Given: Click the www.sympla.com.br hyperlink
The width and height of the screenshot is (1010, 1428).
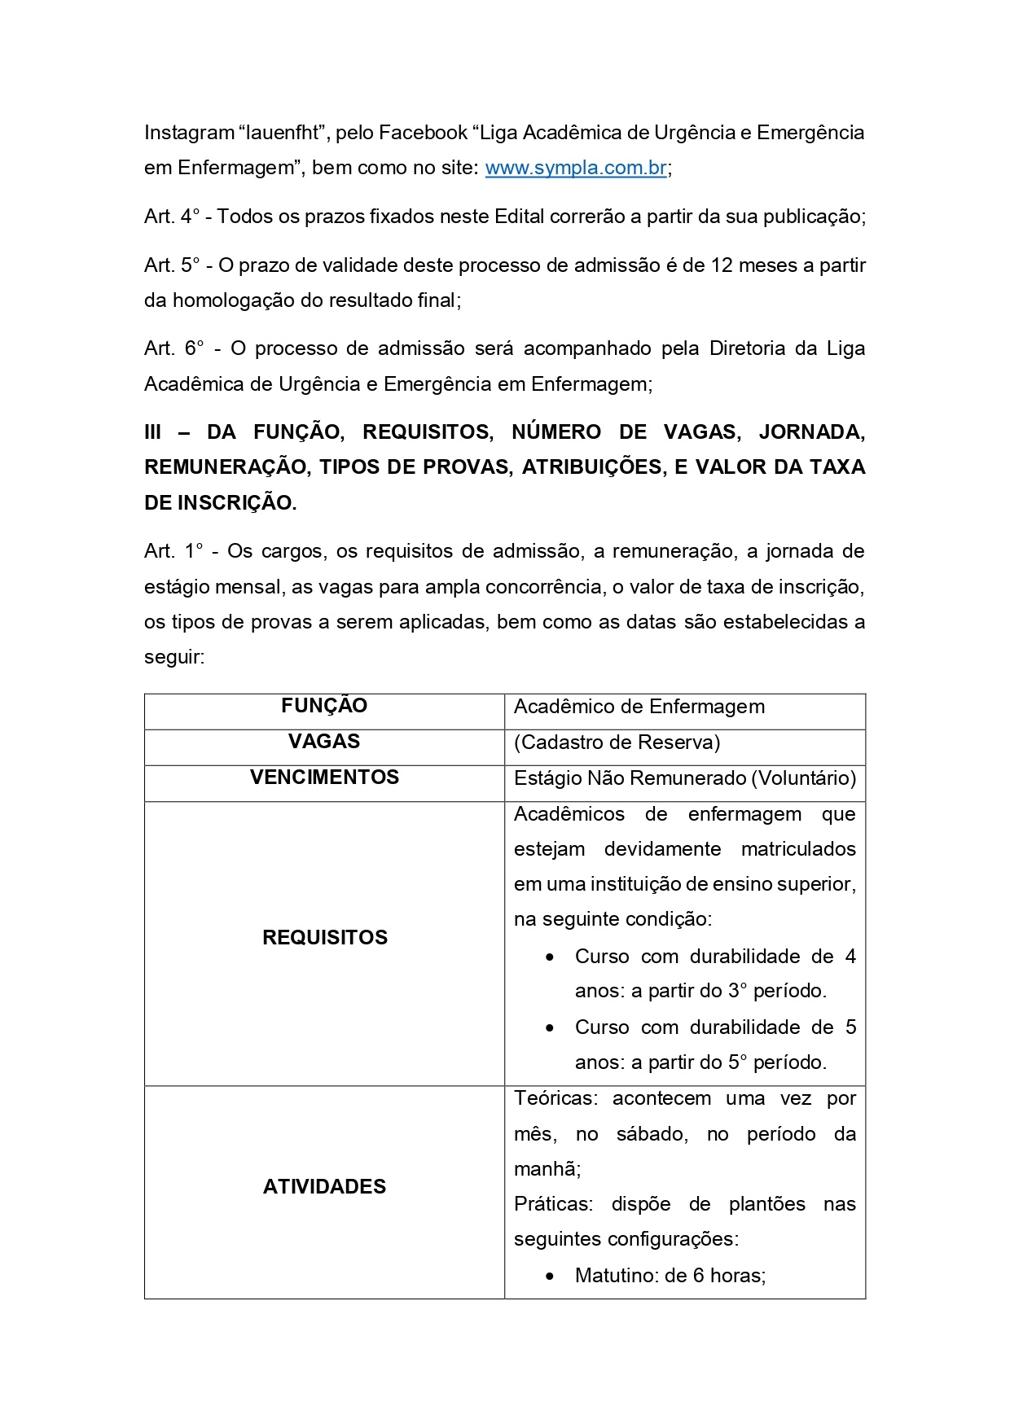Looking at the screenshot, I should [576, 168].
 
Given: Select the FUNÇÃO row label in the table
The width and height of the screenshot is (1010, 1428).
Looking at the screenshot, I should [324, 706].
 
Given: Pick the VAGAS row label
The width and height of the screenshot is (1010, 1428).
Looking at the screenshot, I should [324, 742].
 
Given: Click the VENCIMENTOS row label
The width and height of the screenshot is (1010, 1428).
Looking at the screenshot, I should [324, 778].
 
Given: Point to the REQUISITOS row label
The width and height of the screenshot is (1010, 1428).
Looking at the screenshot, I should [324, 938].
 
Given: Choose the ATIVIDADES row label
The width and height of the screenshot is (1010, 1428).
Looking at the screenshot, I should [324, 1187].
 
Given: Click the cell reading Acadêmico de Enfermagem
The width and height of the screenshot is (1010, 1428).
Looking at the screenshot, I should [639, 707].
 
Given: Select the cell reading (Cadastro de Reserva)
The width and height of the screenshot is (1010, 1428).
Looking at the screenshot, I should [617, 742].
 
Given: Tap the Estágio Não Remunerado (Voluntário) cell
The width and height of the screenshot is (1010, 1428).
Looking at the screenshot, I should [685, 778].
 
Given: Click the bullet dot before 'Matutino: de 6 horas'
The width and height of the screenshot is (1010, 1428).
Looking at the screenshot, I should [551, 1276].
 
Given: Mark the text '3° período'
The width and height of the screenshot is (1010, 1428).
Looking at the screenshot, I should [777, 991].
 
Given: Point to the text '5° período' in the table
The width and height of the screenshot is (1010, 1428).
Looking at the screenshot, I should [777, 1062].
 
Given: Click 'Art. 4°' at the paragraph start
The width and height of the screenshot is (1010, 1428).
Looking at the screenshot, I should [172, 217].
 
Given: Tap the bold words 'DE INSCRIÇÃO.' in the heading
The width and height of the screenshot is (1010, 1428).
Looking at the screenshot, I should [220, 503].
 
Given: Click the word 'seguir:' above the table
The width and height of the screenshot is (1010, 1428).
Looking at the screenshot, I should [174, 657].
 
